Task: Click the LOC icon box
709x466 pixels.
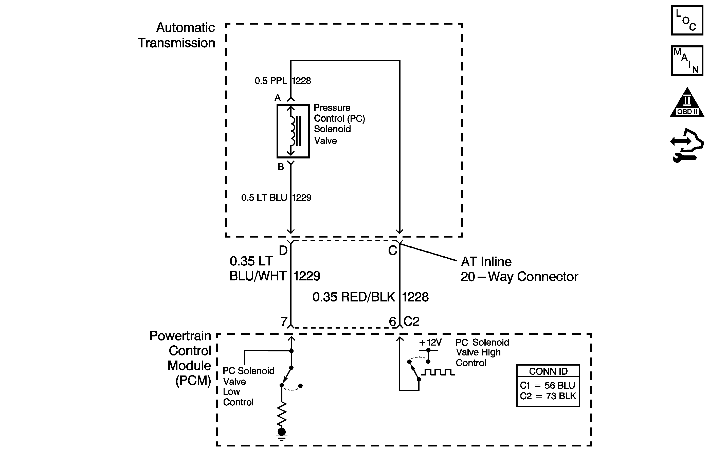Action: [687, 20]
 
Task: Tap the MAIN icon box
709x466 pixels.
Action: [687, 61]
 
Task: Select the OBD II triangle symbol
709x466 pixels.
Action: [687, 102]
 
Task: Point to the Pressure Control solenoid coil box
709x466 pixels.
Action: [293, 131]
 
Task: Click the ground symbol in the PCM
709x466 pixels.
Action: [282, 434]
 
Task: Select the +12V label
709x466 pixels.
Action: [430, 342]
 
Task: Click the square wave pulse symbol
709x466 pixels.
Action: [438, 372]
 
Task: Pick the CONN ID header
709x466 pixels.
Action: [548, 371]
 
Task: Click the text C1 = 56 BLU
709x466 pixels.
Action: [548, 385]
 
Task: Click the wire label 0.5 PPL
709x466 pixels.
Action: [270, 81]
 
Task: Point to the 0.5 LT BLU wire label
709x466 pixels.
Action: [264, 198]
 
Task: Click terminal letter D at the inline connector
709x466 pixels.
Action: [283, 250]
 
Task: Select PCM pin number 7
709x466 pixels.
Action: [284, 321]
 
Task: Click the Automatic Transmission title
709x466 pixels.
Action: [176, 35]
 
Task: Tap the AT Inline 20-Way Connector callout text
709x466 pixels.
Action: [519, 269]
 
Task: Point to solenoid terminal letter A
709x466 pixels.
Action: [278, 98]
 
